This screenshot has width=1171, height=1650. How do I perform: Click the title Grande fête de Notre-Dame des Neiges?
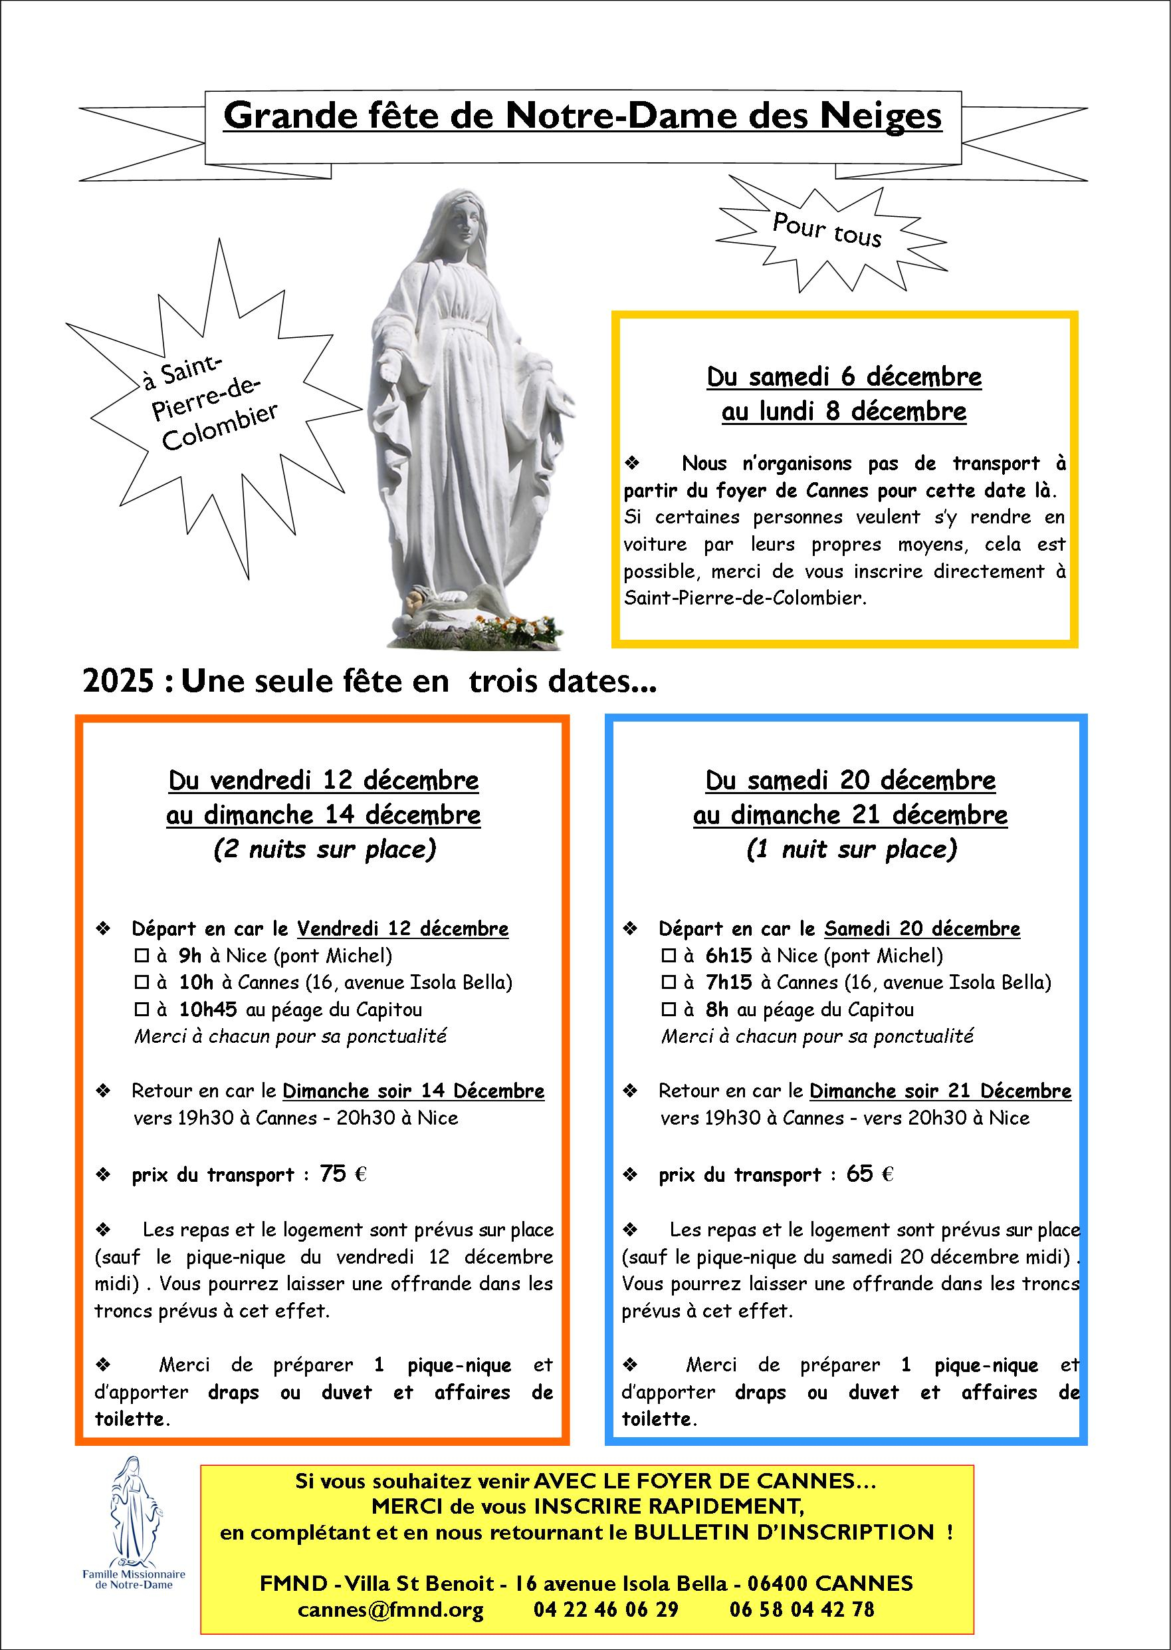[x=582, y=116]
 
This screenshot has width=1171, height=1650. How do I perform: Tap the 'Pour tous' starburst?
[x=827, y=230]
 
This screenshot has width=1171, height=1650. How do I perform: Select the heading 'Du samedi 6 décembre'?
[x=843, y=376]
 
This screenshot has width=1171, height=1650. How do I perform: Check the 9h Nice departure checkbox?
[x=142, y=956]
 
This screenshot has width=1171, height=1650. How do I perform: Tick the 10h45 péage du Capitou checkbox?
[x=142, y=1010]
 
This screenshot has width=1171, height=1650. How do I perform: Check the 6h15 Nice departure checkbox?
[x=669, y=956]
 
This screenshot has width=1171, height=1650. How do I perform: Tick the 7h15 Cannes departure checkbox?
[x=669, y=983]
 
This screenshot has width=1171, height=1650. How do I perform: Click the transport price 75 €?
[x=342, y=1174]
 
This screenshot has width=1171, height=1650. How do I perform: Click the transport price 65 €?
[x=869, y=1174]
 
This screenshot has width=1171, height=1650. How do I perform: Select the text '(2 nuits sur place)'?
[x=324, y=849]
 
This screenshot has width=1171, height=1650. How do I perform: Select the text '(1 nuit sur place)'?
[x=851, y=849]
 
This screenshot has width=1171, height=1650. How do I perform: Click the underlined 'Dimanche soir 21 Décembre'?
[x=940, y=1091]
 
